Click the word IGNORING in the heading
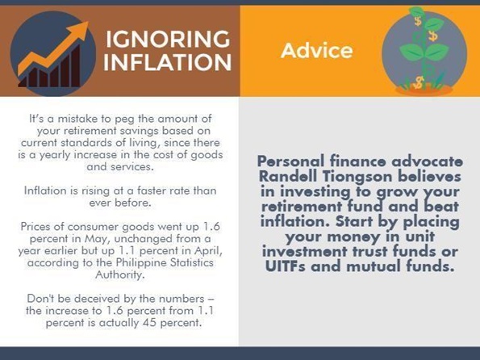point(168,39)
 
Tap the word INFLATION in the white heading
point(168,62)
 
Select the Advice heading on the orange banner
point(316,51)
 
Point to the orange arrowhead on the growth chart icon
point(80,31)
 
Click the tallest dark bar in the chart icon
point(75,65)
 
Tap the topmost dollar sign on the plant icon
point(418,21)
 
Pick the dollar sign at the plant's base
point(419,82)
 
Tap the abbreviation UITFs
point(285,266)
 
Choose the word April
point(208,251)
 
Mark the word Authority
point(120,274)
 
